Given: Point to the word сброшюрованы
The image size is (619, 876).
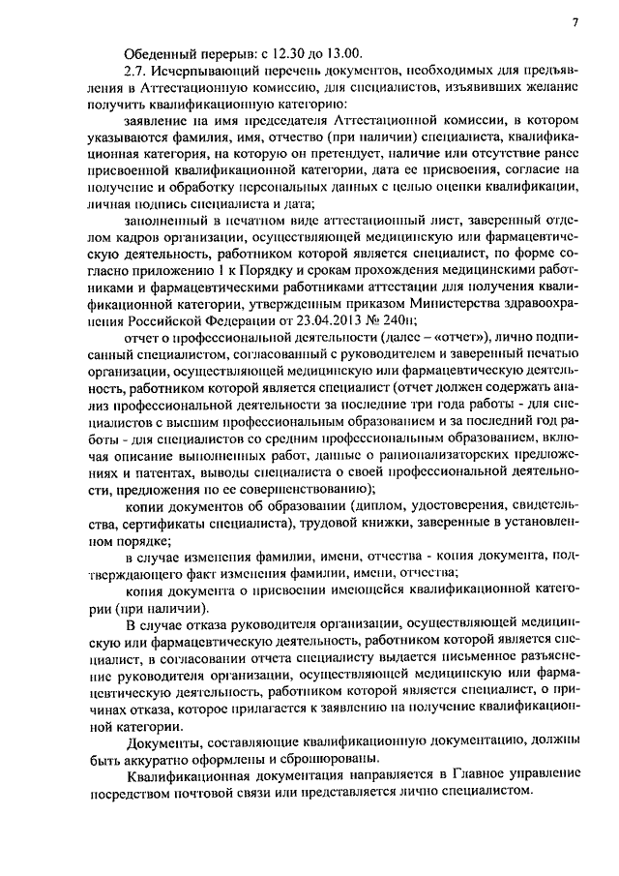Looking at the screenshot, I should (x=337, y=759).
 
